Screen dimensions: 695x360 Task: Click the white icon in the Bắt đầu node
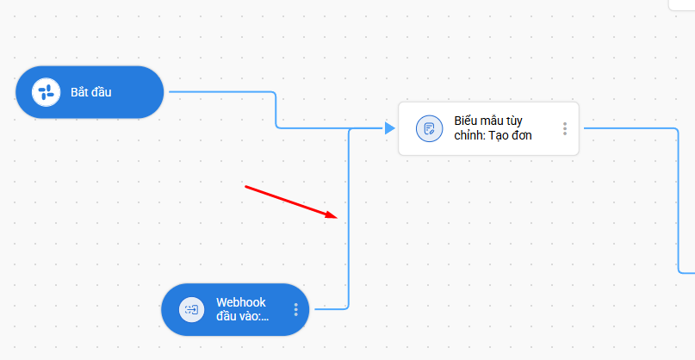click(46, 92)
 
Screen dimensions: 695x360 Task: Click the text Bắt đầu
click(91, 92)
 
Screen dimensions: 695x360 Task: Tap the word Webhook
click(240, 302)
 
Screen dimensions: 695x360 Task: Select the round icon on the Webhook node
click(191, 309)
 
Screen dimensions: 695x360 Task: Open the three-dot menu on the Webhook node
click(295, 309)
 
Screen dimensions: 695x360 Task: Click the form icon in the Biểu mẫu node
click(429, 128)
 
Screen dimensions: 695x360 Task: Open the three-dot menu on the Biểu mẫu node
click(565, 128)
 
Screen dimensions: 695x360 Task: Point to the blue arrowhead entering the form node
click(389, 128)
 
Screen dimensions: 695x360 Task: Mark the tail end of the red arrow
click(246, 186)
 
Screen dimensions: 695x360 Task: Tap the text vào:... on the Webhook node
click(243, 316)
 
